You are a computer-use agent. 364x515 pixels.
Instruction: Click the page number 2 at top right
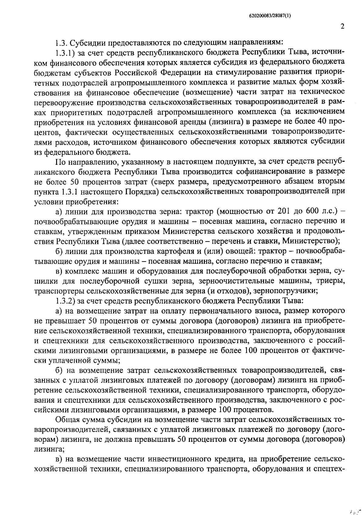click(342, 26)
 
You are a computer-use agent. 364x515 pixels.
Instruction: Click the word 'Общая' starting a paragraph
click(68, 420)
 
